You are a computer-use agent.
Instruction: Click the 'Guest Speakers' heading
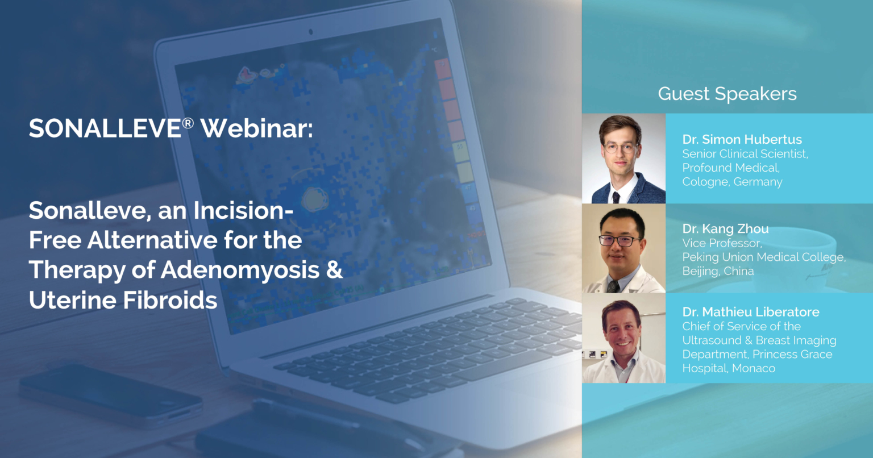[x=727, y=94]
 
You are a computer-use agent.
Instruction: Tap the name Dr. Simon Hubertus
[x=742, y=139]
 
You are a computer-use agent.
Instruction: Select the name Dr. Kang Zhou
[x=725, y=229]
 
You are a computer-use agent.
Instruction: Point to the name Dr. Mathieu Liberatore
[x=751, y=312]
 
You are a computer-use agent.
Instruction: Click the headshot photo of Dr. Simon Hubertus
[x=623, y=158]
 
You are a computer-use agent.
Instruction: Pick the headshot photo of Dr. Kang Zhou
[x=623, y=248]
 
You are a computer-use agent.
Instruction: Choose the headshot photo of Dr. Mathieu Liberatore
[x=623, y=338]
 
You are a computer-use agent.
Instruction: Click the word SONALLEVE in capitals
[x=105, y=128]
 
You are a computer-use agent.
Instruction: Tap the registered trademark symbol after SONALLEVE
[x=188, y=123]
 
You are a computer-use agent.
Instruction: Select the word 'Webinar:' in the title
[x=256, y=128]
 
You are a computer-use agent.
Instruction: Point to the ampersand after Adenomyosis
[x=334, y=270]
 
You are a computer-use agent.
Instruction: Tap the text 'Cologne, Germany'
[x=732, y=182]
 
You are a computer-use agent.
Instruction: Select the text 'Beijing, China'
[x=718, y=271]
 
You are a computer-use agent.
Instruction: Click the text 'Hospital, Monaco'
[x=729, y=368]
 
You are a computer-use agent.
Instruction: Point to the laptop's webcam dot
[x=311, y=32]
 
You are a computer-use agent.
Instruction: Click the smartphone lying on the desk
[x=111, y=394]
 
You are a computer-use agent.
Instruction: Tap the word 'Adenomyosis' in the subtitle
[x=240, y=270]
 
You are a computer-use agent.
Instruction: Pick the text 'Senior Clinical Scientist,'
[x=745, y=154]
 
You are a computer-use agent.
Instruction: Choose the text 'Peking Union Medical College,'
[x=764, y=257]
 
